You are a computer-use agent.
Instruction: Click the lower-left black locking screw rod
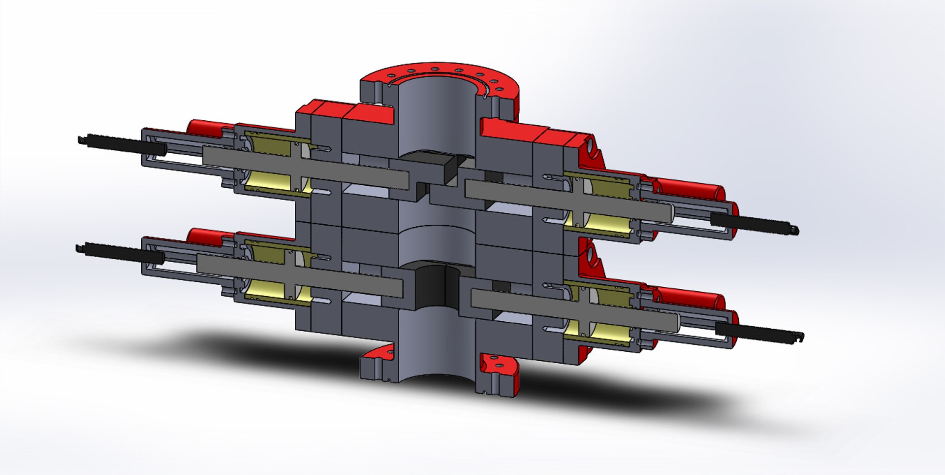click(118, 252)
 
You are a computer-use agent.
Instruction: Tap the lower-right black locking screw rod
click(758, 331)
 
